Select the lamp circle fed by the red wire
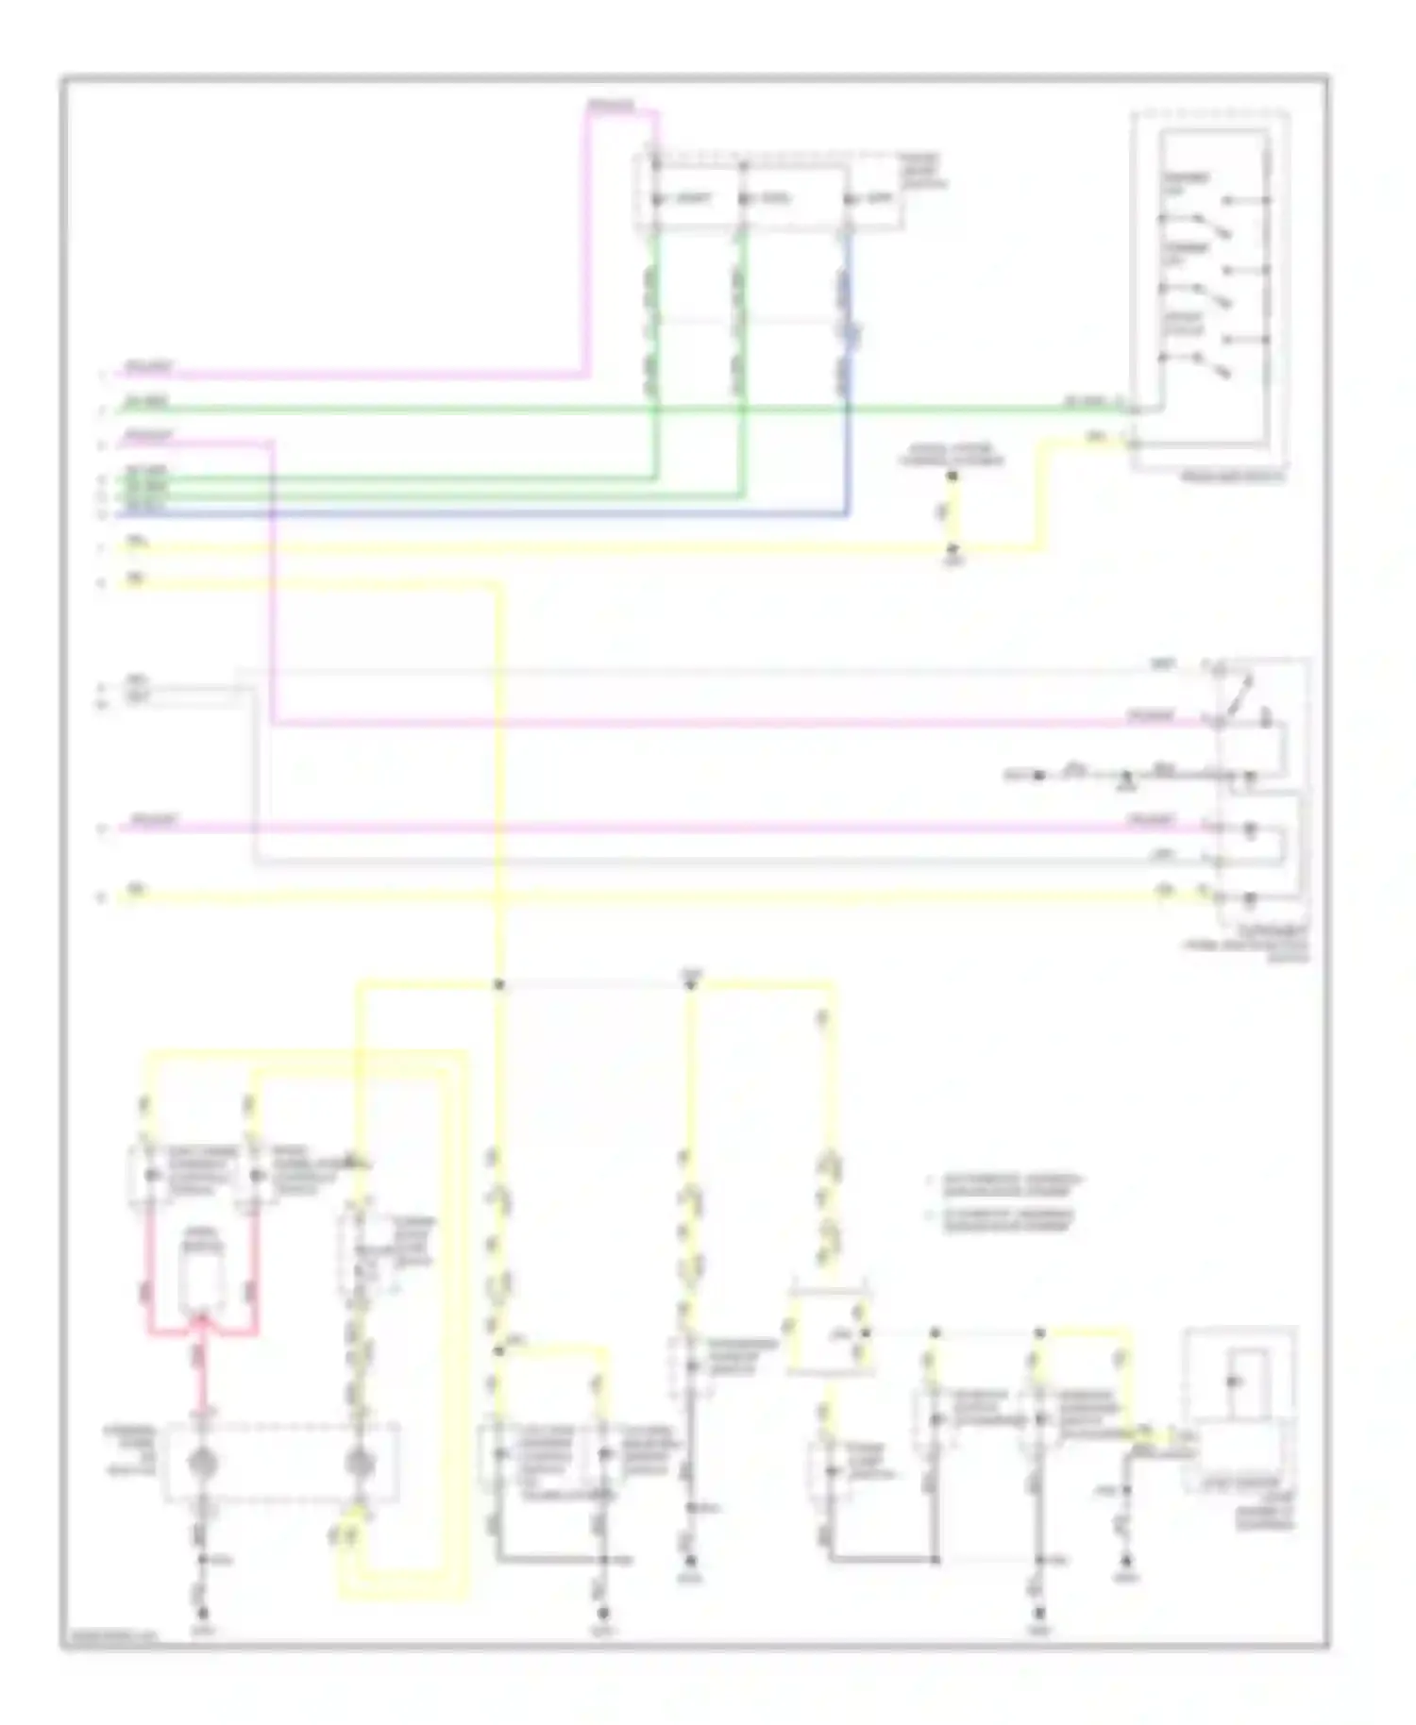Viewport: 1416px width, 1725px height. tap(201, 1462)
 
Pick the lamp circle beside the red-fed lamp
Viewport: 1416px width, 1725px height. tap(359, 1464)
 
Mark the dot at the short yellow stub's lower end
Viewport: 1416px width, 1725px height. tap(952, 548)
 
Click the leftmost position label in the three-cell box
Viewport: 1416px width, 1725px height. tap(693, 199)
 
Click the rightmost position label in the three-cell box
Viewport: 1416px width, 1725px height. tap(877, 199)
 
